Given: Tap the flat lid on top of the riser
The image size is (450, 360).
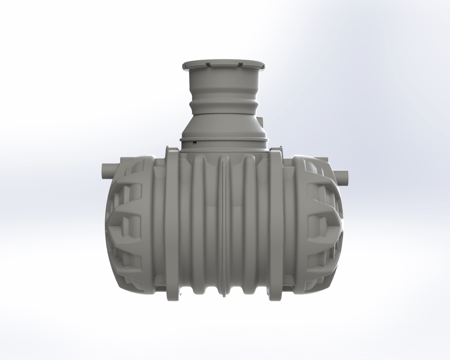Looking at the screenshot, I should click(x=223, y=65).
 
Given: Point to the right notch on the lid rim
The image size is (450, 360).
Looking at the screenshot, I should click(x=240, y=65).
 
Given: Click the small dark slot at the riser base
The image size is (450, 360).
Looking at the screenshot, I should click(x=194, y=142).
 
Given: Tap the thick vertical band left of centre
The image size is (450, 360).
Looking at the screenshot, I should click(x=172, y=224).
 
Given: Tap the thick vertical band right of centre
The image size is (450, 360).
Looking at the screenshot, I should click(x=276, y=224).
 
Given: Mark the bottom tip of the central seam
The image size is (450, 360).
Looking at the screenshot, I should click(x=224, y=295).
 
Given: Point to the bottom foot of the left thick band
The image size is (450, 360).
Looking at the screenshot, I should click(x=172, y=297).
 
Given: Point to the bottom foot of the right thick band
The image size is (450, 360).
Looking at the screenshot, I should click(x=276, y=297).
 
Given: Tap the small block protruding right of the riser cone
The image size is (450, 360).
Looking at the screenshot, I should click(x=260, y=121).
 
